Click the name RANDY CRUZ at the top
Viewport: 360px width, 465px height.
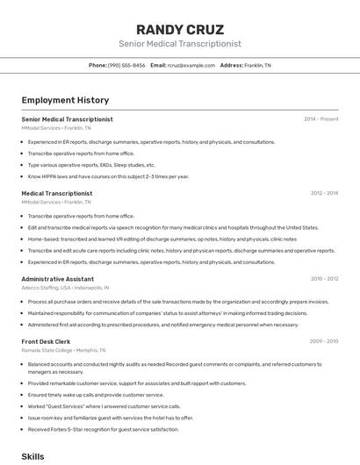180,30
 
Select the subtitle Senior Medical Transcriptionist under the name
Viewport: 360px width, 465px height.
180,44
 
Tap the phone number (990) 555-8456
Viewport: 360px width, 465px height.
126,65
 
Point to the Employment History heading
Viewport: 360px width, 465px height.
65,101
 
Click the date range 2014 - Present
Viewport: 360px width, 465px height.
320,119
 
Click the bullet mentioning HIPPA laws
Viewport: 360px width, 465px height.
108,176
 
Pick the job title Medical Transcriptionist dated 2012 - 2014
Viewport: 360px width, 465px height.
56,193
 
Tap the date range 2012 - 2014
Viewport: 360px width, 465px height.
324,193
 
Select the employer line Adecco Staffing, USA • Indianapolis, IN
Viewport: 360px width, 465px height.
65,288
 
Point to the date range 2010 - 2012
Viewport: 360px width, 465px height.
324,279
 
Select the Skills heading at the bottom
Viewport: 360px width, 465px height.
32,457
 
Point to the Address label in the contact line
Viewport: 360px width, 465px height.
231,65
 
